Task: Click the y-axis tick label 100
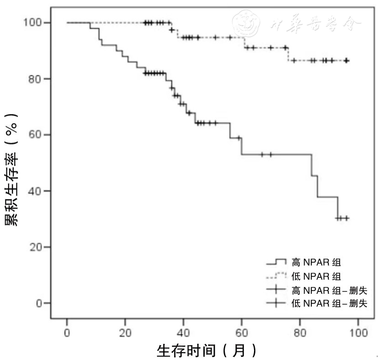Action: [36, 23]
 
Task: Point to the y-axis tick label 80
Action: [38, 79]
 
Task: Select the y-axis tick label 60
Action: [38, 135]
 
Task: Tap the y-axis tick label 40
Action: [38, 191]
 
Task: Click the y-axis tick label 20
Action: [38, 247]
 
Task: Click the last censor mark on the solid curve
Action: [347, 218]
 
